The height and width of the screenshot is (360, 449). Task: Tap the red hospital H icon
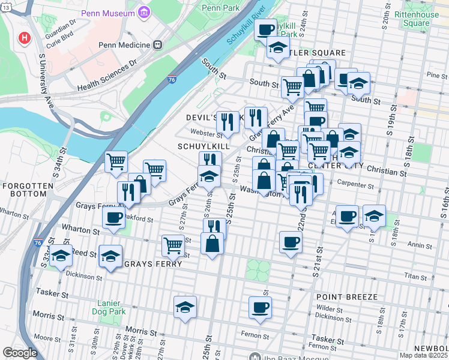[x=25, y=39]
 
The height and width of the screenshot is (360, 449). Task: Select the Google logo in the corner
[x=20, y=352]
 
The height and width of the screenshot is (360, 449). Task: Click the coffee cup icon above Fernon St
[x=261, y=307]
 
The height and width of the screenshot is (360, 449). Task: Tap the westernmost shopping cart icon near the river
[x=116, y=160]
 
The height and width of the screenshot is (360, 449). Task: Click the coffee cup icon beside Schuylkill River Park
[x=265, y=28]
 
